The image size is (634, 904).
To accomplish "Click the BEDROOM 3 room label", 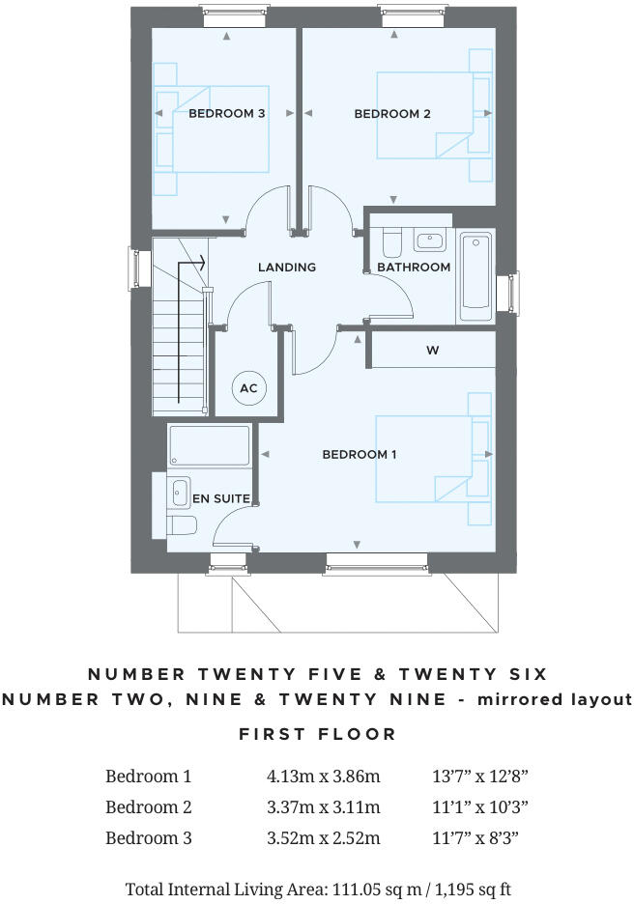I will point(226,114).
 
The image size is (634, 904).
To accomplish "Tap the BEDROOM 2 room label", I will point(392,114).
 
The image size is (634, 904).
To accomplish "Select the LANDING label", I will point(287,268).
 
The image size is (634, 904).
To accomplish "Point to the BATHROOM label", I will point(414,268).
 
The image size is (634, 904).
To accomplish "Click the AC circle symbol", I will point(247,388).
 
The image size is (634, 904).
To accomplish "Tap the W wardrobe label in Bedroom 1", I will point(432,351).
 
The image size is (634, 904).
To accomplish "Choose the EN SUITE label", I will point(221,498).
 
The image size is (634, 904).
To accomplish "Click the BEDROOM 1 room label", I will point(359,454).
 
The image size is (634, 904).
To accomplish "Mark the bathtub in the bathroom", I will point(475,276).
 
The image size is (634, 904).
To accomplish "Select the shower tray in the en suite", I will point(210,445).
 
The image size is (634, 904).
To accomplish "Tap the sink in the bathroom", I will point(426,240).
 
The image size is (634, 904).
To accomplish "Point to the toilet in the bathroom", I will point(391,240).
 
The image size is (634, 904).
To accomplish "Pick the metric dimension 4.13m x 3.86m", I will point(323,776).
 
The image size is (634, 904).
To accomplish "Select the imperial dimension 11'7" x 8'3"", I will point(479,837).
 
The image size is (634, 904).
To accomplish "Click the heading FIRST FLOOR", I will point(317,734).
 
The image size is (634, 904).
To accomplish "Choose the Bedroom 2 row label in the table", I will point(148,806).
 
